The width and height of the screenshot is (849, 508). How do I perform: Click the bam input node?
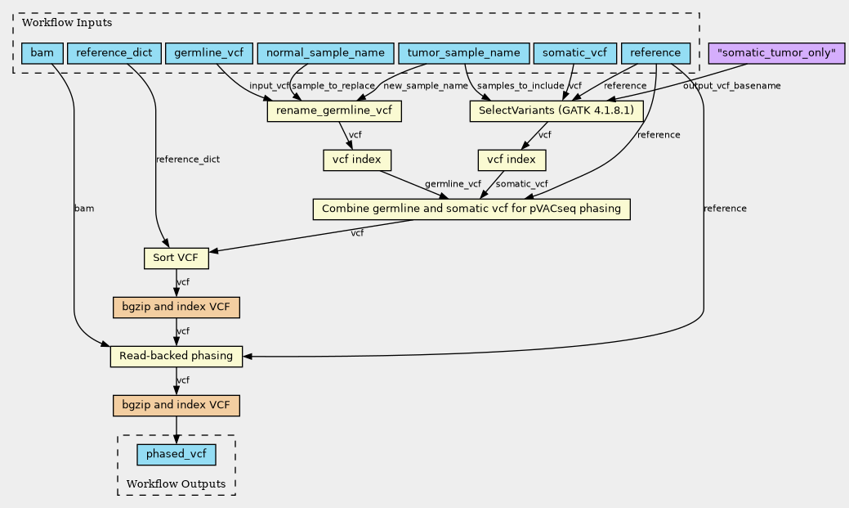click(42, 53)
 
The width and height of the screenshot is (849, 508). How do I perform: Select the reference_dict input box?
click(114, 53)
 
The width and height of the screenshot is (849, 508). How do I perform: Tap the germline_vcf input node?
click(209, 53)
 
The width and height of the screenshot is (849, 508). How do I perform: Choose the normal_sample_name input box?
click(325, 53)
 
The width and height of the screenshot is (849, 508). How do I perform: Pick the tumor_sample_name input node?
click(463, 53)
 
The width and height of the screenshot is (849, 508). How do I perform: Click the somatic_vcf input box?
click(575, 53)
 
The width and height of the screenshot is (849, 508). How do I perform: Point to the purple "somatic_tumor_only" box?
click(776, 53)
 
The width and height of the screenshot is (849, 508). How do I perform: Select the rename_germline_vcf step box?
click(334, 111)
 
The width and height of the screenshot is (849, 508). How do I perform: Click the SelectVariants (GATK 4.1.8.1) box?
click(556, 111)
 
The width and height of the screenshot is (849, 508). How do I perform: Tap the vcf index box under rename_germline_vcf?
click(357, 160)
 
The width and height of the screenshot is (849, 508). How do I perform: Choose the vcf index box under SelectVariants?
click(512, 160)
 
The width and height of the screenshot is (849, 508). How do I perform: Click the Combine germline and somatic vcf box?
click(471, 209)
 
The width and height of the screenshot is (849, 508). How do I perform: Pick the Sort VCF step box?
click(176, 258)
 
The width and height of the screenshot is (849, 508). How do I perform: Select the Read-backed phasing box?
click(176, 356)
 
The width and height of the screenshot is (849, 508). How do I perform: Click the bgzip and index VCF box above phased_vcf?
click(176, 406)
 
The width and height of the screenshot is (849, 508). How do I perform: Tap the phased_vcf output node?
click(176, 454)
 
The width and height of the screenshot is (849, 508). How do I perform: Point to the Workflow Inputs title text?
click(67, 23)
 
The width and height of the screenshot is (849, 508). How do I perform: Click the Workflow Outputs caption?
click(176, 484)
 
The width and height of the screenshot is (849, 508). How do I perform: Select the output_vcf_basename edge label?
click(731, 86)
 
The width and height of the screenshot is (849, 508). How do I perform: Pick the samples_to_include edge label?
click(521, 86)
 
